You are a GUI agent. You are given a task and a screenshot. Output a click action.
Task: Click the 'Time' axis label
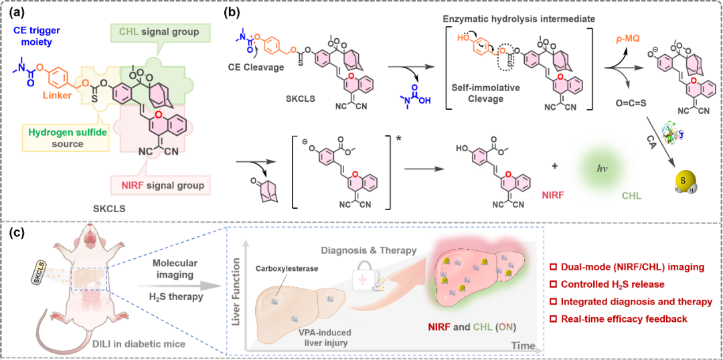(x=524, y=346)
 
